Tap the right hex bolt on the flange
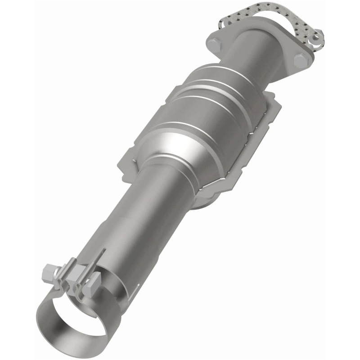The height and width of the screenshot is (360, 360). (300, 60)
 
